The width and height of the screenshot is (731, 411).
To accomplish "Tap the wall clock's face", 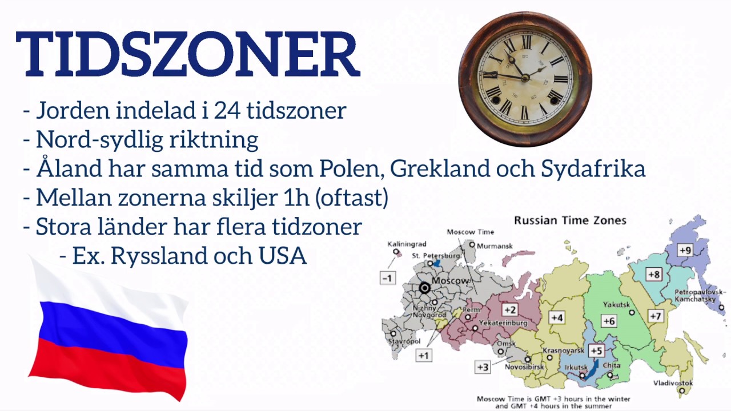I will [x=525, y=79].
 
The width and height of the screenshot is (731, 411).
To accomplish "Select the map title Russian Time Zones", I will [x=570, y=220].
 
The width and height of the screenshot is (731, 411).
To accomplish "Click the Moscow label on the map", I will [x=451, y=281].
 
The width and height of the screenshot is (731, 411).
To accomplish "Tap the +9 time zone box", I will [x=685, y=250].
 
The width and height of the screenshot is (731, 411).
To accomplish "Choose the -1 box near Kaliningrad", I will [x=388, y=278].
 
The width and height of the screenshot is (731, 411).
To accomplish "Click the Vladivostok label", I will [x=674, y=383].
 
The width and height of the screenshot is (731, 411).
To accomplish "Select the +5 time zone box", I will [x=596, y=350].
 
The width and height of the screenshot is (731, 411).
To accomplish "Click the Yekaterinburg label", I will [x=503, y=324].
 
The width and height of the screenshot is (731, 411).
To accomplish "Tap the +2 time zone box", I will [x=509, y=310].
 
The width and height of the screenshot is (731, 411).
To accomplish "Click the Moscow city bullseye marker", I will [x=425, y=288].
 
